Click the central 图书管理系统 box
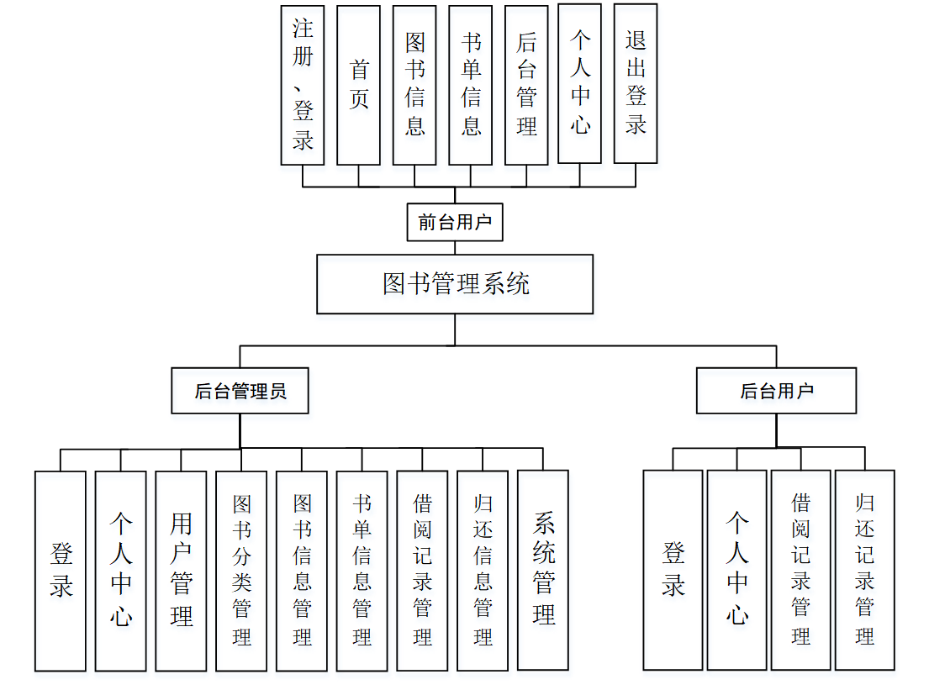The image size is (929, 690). pyautogui.click(x=455, y=284)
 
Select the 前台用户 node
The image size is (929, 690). pyautogui.click(x=455, y=223)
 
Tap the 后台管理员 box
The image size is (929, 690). pyautogui.click(x=240, y=391)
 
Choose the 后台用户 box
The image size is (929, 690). pyautogui.click(x=776, y=391)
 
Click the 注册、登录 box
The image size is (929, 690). pyautogui.click(x=303, y=84)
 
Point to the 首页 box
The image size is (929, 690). pyautogui.click(x=359, y=85)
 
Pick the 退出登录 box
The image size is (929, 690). pyautogui.click(x=636, y=84)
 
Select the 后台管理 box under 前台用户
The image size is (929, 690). pyautogui.click(x=526, y=85)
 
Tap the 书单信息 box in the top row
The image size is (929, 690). pyautogui.click(x=471, y=85)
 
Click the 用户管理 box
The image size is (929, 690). pyautogui.click(x=181, y=571)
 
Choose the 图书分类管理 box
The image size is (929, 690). pyautogui.click(x=241, y=571)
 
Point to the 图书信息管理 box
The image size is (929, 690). pyautogui.click(x=302, y=571)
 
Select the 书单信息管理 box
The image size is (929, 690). pyautogui.click(x=362, y=571)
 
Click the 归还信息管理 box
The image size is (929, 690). pyautogui.click(x=483, y=571)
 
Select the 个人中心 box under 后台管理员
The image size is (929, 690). pyautogui.click(x=120, y=571)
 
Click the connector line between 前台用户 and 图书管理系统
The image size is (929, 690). pyautogui.click(x=455, y=248)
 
